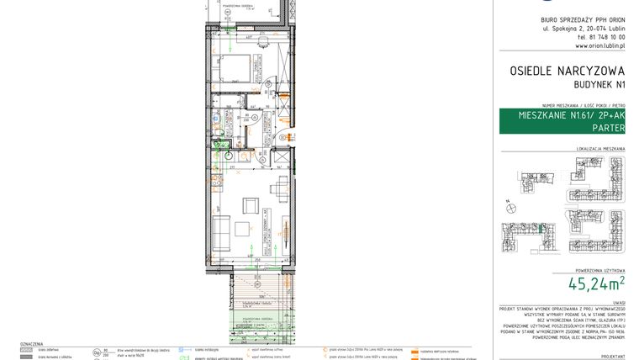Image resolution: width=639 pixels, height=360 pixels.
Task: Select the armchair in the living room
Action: [x=250, y=204]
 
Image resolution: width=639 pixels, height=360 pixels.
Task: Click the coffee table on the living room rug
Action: [x=244, y=228]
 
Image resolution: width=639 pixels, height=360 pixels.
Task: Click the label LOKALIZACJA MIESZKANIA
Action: [x=601, y=149]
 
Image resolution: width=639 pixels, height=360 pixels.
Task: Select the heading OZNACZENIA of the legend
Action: [x=31, y=345]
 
